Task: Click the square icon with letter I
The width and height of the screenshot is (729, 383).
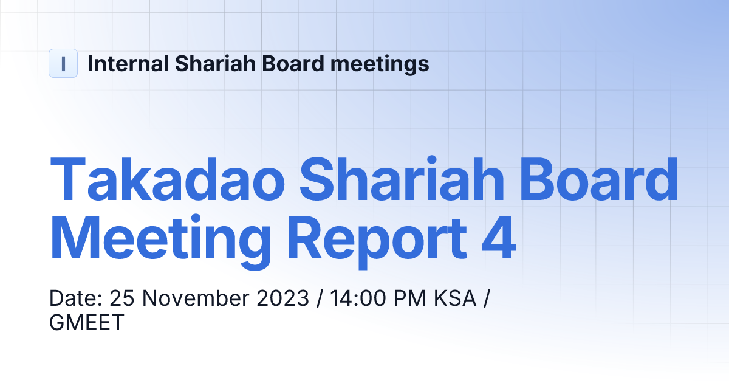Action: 63,63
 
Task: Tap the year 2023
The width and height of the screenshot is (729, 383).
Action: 283,298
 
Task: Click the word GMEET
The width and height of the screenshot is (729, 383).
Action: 86,322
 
